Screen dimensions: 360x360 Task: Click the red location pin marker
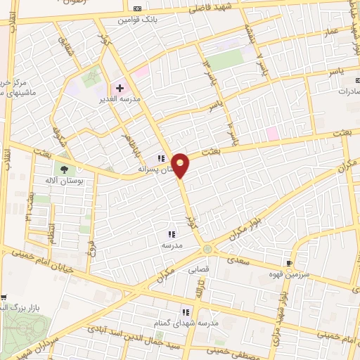coord(181,165)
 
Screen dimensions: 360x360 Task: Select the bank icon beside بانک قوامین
coord(137,8)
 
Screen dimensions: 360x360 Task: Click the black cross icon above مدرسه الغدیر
coord(120,89)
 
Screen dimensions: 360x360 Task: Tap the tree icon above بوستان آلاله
coord(65,169)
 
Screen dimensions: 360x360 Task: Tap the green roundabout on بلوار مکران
coord(207,248)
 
